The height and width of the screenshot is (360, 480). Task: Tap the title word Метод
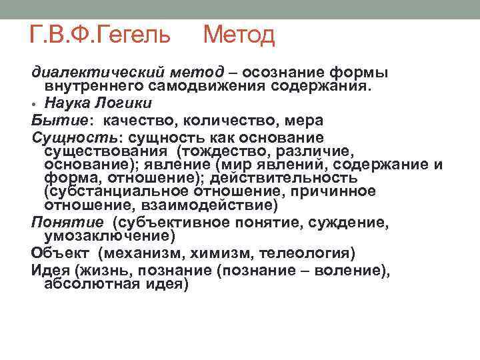(x=238, y=33)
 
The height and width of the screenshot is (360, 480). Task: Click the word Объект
(x=54, y=253)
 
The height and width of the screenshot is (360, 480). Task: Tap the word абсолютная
(x=93, y=284)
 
